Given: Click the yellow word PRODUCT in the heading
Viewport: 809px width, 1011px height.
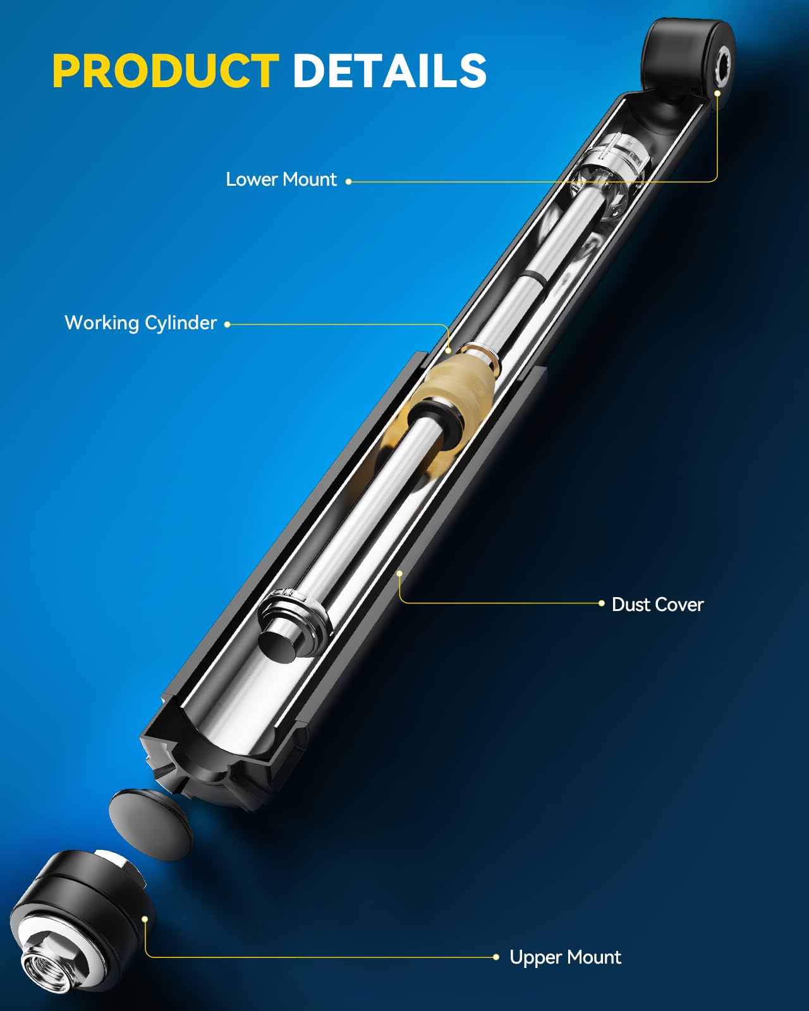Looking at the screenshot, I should click(x=166, y=70).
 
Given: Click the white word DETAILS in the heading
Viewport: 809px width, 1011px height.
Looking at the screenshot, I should click(x=389, y=70).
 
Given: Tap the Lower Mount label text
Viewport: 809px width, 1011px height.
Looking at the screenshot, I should click(x=281, y=179).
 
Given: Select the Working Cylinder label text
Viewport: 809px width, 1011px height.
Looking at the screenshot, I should click(x=141, y=323).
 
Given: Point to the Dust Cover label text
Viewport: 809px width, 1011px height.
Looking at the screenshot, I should click(x=657, y=605).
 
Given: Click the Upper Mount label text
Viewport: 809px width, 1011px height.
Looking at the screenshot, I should click(x=565, y=957).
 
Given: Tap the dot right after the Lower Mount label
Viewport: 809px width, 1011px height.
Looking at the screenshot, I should click(x=348, y=181).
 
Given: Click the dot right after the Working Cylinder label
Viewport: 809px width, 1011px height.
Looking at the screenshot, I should click(x=228, y=325).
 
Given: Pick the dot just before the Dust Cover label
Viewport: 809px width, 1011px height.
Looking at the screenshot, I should click(x=601, y=603).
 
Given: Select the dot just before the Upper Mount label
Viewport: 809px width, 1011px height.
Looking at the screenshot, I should click(x=496, y=957).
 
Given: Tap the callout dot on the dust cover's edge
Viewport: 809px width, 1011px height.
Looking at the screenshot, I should click(x=399, y=574).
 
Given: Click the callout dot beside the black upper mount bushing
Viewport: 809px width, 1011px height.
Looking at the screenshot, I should click(x=145, y=919).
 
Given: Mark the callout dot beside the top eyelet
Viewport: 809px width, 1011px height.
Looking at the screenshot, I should click(x=717, y=94).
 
